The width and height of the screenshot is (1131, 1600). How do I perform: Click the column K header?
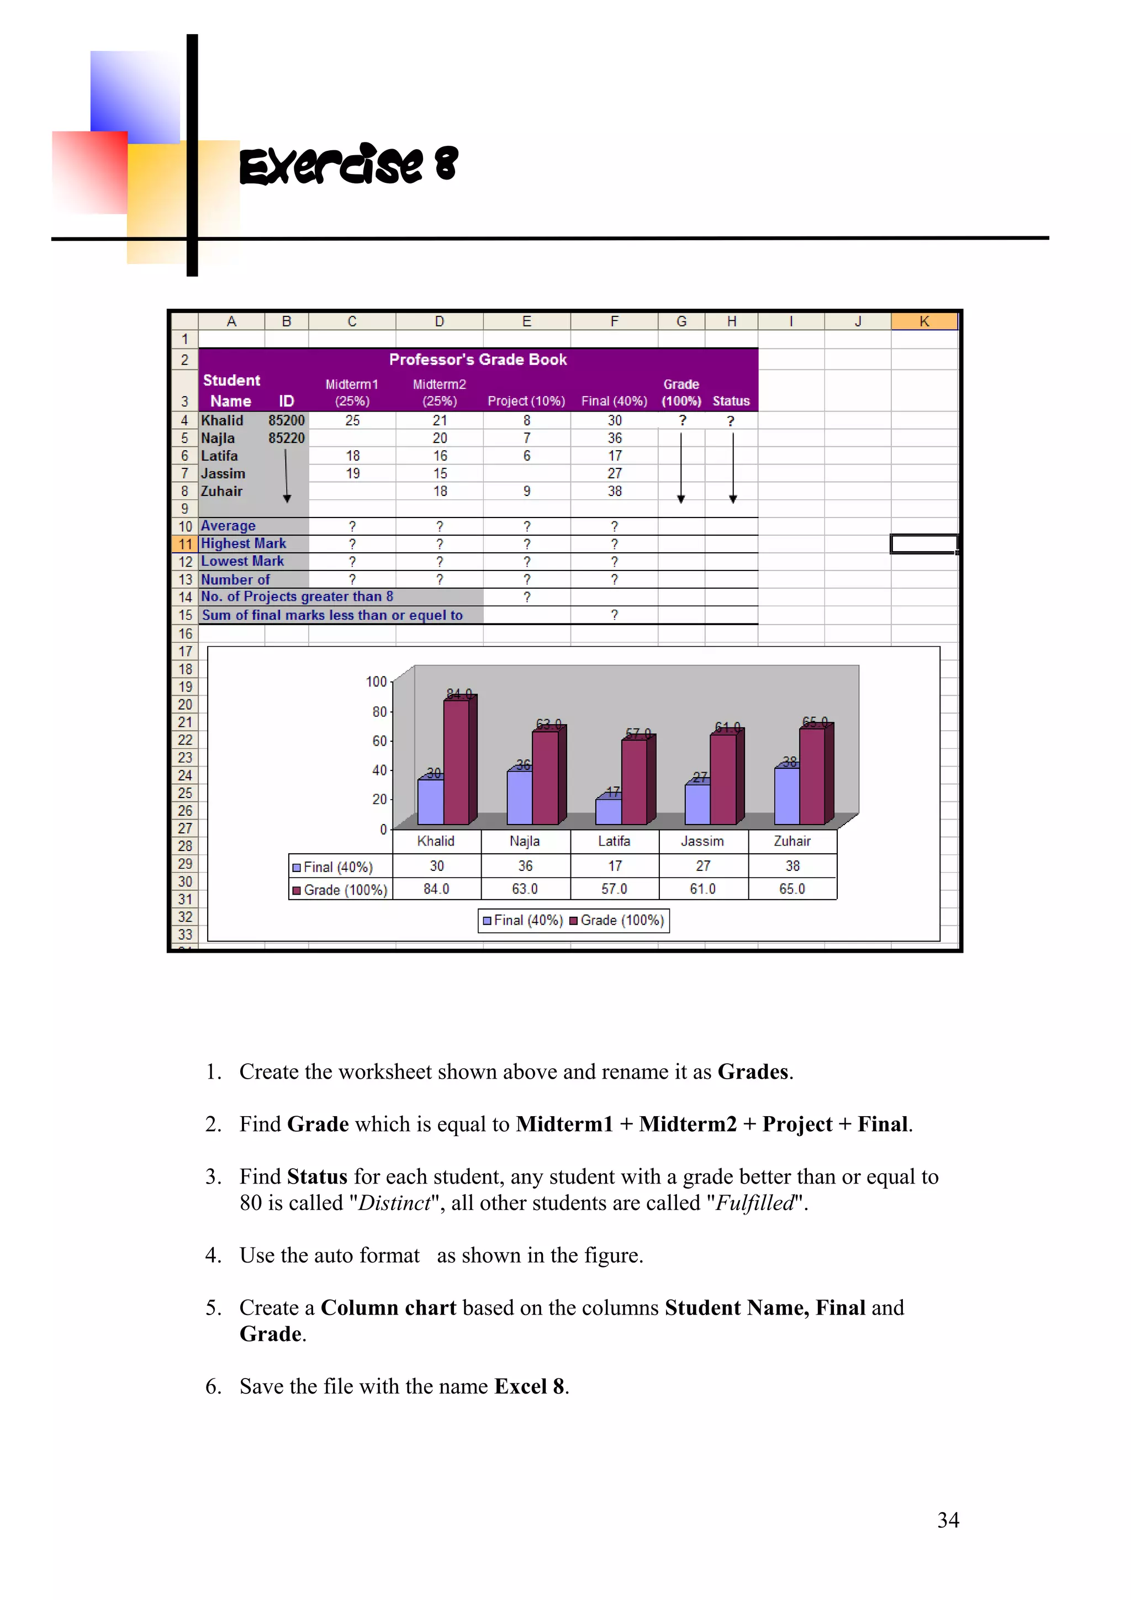click(x=923, y=321)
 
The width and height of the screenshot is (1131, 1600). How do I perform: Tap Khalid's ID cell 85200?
click(x=287, y=420)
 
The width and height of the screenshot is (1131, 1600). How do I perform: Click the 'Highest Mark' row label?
click(x=243, y=543)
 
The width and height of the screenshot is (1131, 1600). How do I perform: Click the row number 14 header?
click(x=184, y=597)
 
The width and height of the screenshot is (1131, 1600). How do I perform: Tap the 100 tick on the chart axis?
click(x=376, y=682)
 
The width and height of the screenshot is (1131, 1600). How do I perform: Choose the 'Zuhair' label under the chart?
click(x=791, y=841)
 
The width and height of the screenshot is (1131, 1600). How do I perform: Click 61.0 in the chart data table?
click(x=702, y=889)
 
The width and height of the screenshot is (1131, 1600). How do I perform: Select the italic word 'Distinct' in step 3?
click(x=394, y=1203)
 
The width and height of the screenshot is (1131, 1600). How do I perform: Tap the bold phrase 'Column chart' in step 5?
click(x=388, y=1307)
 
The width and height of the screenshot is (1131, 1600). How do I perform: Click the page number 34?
click(x=948, y=1520)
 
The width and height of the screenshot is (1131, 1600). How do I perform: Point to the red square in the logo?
click(x=90, y=171)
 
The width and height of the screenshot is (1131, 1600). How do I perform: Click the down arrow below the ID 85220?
click(x=287, y=477)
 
